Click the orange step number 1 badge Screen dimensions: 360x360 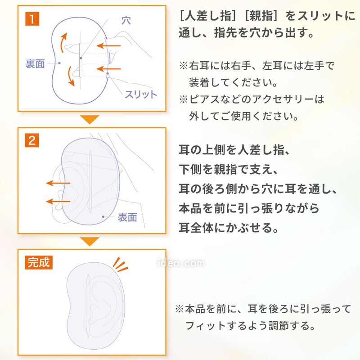32,19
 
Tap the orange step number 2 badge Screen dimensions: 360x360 32,140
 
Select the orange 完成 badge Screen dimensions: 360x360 39,262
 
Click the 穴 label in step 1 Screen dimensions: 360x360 126,20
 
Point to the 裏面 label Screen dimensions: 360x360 35,63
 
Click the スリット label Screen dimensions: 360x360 141,94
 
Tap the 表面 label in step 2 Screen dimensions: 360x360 127,217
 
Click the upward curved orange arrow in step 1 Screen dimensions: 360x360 63,42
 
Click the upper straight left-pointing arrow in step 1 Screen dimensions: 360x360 108,46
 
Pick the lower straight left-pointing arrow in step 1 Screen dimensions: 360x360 108,69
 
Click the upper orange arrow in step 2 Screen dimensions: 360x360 58,183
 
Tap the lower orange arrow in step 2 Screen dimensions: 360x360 58,201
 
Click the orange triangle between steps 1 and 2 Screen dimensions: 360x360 90,119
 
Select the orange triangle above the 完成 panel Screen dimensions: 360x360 90,241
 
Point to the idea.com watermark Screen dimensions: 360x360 181,263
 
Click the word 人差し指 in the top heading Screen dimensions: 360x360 208,16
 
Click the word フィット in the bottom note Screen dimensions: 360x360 205,326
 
